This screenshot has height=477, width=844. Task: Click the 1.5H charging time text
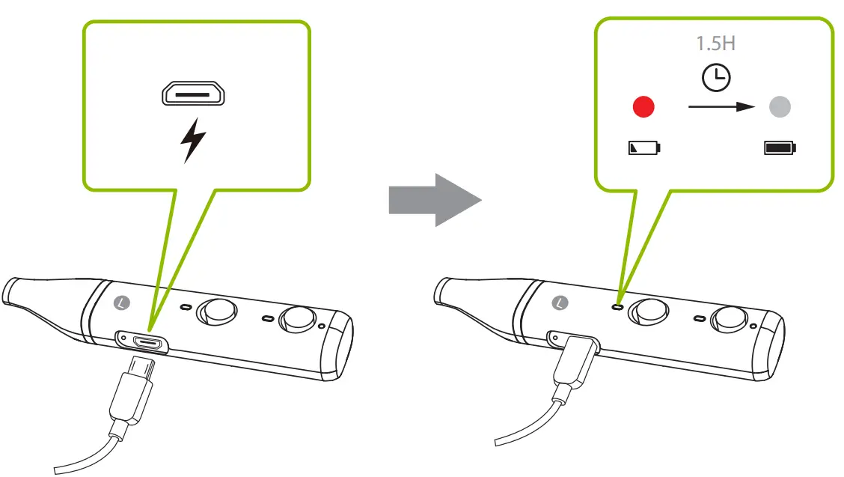coord(715,43)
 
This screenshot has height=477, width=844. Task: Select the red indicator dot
coord(643,107)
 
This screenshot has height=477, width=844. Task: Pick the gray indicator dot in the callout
coord(780,107)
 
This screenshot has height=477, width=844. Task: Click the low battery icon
coord(644,148)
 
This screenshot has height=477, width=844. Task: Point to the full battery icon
coord(780,148)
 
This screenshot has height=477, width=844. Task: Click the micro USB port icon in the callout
coord(194,95)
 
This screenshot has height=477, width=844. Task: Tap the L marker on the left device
coord(124,303)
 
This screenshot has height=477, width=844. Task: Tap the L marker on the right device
coord(558,303)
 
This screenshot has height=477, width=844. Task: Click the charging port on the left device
coord(148,342)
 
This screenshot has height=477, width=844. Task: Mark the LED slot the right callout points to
coord(617,306)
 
